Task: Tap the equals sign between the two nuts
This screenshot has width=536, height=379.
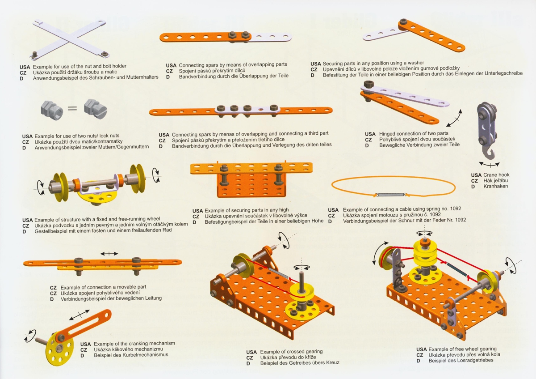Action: pos(72,108)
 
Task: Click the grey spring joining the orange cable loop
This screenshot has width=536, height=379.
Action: pos(391,195)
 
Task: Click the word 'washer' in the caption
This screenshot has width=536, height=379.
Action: pos(416,63)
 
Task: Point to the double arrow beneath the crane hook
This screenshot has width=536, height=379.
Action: pos(490,165)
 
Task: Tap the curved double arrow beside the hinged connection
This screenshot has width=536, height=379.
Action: pos(454,118)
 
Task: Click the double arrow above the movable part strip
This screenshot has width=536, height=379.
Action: pos(109,253)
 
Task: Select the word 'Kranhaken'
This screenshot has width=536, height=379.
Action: pos(495,186)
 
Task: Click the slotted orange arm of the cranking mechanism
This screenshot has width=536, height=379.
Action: pos(84,325)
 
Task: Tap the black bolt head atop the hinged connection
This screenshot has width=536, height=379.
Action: pos(369,85)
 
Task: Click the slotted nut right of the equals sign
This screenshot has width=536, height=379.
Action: pos(96,109)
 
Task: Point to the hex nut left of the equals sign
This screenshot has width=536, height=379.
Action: pos(52,110)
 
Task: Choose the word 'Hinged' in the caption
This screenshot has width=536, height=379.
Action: pos(388,134)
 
